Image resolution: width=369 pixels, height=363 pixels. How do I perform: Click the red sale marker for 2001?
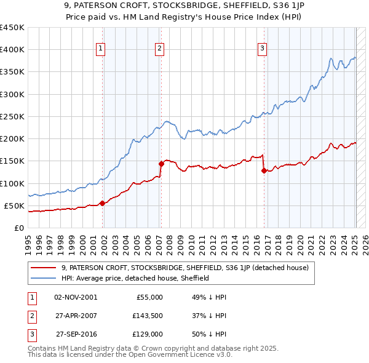[x=102, y=203]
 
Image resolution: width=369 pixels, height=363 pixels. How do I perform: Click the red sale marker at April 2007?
[x=162, y=164]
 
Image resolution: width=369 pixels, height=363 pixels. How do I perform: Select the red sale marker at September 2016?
[x=264, y=170]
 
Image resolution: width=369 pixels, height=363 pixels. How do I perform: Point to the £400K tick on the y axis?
[x=12, y=50]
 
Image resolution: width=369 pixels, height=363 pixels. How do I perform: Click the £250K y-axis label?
[x=12, y=116]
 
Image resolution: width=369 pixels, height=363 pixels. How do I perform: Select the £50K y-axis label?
[x=15, y=205]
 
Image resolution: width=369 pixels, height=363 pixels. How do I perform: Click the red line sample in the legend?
[x=43, y=268]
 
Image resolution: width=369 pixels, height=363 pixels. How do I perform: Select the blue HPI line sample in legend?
[x=43, y=278]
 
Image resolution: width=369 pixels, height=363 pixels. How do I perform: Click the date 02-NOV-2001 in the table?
[x=76, y=297]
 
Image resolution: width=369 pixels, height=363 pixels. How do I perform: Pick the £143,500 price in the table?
[x=148, y=316]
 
